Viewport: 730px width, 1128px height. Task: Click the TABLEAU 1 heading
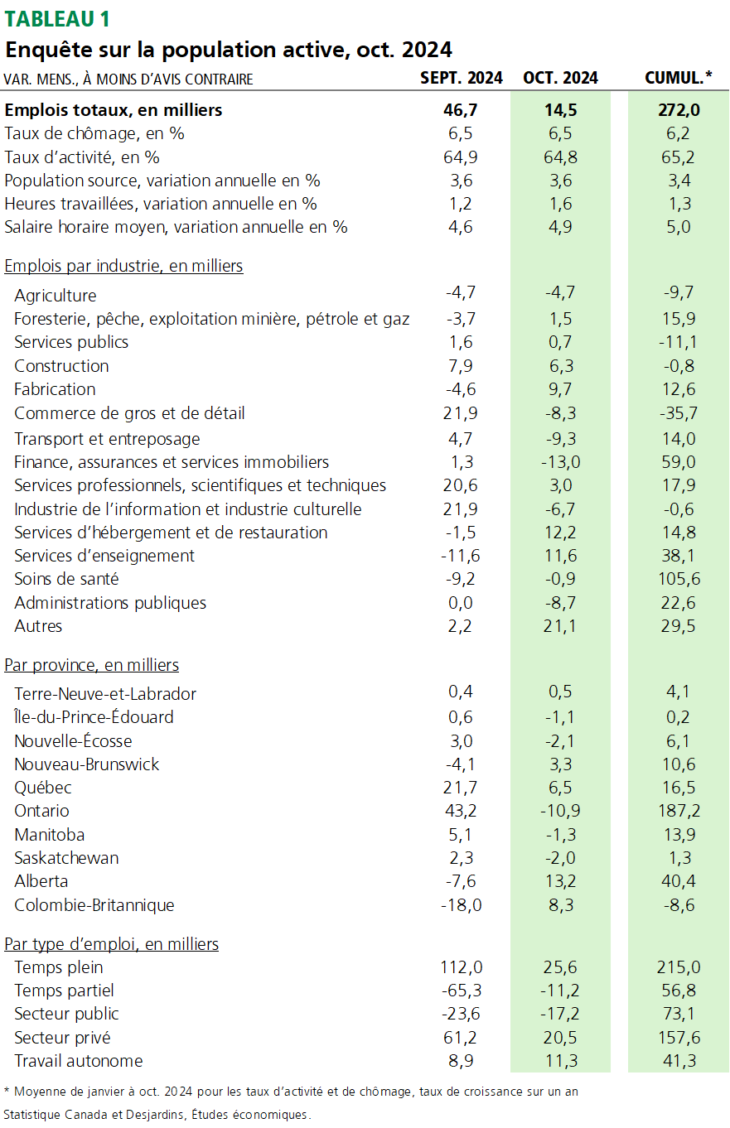click(x=57, y=18)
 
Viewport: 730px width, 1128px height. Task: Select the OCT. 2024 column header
click(x=560, y=79)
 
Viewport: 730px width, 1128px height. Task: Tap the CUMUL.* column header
click(x=678, y=79)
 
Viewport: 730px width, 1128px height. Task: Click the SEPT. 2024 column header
click(x=461, y=79)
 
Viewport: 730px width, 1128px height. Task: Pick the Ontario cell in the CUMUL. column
click(x=671, y=811)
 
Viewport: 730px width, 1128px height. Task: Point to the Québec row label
click(x=43, y=788)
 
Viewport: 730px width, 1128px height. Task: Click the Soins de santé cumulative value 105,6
click(x=671, y=579)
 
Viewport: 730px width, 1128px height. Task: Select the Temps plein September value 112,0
click(x=461, y=967)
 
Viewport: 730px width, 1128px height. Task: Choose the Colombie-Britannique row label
click(x=94, y=905)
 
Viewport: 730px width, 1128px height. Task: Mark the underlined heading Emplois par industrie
click(x=123, y=266)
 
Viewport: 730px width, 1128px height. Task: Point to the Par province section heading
click(x=92, y=665)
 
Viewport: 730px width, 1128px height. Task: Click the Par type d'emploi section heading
click(x=112, y=944)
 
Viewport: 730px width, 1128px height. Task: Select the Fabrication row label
click(x=55, y=389)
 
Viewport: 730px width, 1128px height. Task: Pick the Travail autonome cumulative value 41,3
click(x=671, y=1061)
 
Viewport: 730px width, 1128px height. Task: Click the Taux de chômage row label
click(x=94, y=133)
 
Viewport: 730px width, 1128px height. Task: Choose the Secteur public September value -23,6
click(x=461, y=1014)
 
